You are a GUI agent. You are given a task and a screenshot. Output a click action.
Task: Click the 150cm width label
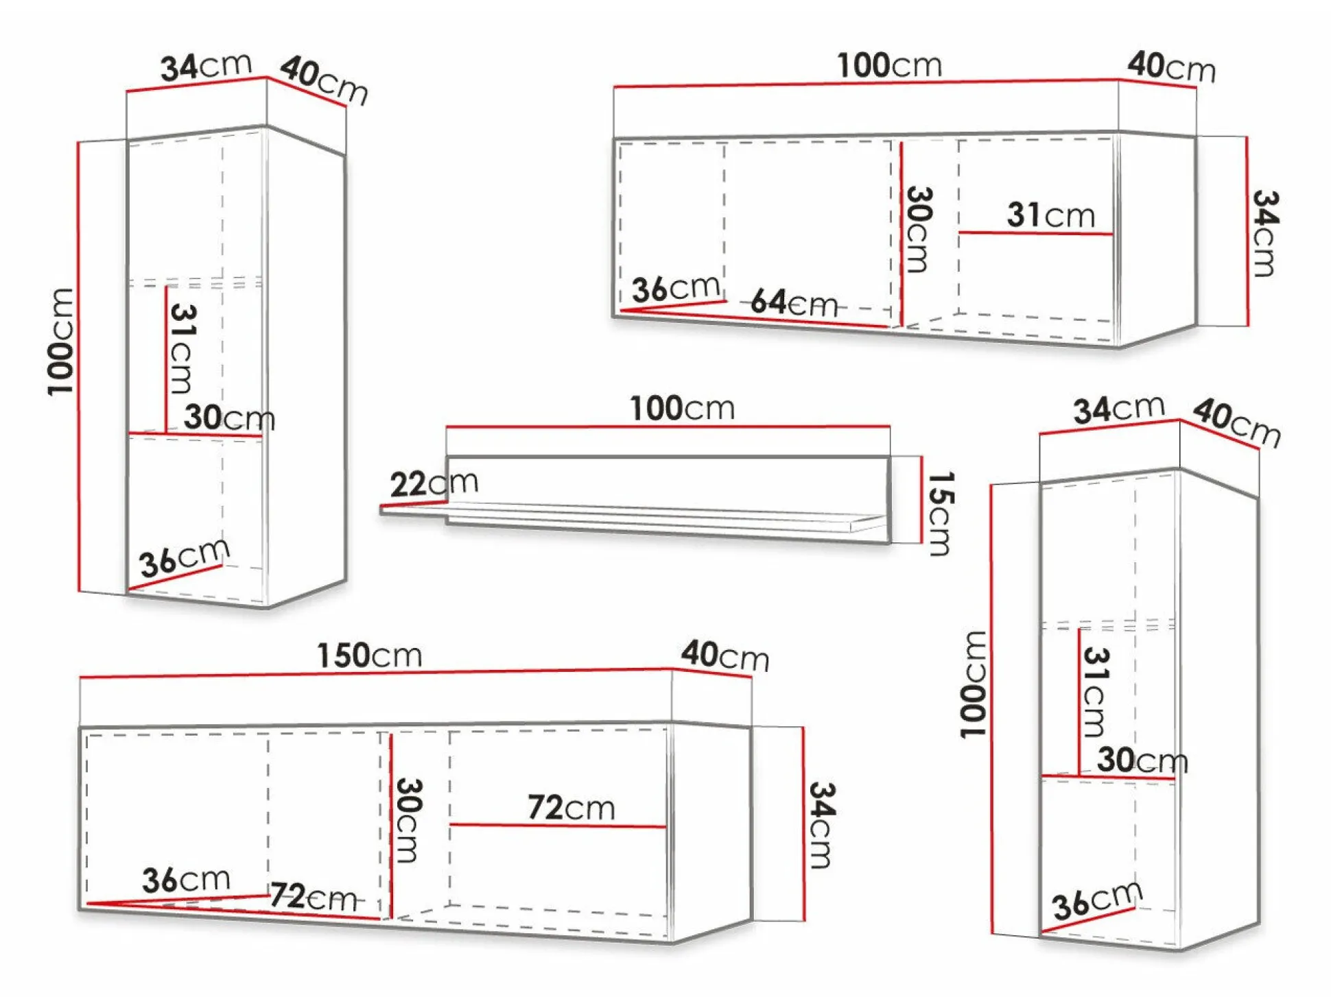[369, 656]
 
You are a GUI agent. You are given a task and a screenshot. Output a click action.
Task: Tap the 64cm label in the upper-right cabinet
[794, 302]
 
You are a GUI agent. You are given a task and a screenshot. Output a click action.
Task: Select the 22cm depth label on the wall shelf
[434, 483]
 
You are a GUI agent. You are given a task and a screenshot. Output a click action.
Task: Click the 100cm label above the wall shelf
[683, 409]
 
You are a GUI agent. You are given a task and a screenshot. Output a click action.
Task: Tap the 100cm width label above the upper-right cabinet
[890, 66]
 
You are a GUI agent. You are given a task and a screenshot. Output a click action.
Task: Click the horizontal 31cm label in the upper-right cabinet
[1050, 215]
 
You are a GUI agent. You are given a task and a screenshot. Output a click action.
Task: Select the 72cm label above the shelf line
[571, 807]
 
